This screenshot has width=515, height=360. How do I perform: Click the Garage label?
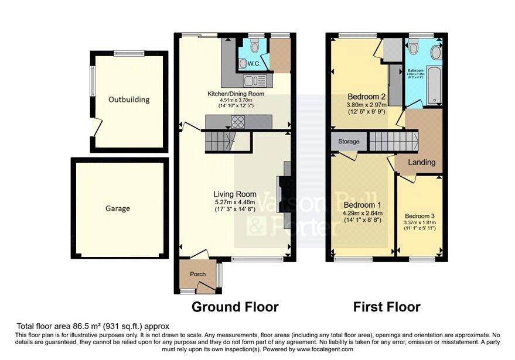click(118, 208)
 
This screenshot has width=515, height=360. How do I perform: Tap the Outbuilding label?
click(129, 100)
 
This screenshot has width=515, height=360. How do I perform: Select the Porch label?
click(197, 274)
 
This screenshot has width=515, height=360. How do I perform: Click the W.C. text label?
click(254, 63)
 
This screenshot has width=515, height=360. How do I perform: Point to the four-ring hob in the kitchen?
click(239, 122)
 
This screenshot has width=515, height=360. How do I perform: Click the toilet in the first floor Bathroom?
click(414, 47)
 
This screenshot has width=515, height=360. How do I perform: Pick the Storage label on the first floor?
click(347, 141)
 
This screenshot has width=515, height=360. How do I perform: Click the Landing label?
click(421, 162)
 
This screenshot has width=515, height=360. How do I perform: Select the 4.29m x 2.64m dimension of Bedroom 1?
click(363, 214)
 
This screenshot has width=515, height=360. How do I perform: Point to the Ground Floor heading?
click(235, 307)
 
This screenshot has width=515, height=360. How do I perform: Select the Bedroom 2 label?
click(366, 97)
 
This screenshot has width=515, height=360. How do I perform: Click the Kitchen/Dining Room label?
click(236, 94)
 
